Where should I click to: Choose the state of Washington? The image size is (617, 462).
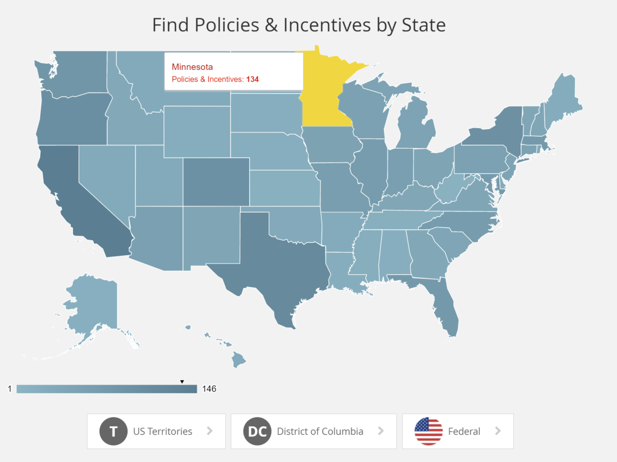tap(77, 72)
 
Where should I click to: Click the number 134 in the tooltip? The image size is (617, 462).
tap(252, 80)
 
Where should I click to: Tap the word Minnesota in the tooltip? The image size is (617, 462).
tap(192, 67)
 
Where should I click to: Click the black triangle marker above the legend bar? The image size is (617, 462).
tap(182, 382)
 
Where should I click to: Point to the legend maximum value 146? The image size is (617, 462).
tap(209, 389)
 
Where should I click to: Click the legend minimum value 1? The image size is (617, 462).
tap(9, 389)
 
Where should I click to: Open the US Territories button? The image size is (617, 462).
tap(156, 431)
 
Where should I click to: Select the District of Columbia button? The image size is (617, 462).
tap(314, 431)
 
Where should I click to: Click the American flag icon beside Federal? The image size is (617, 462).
tap(428, 431)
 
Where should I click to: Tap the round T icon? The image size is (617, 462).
tap(113, 431)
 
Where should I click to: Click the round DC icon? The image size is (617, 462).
tap(257, 431)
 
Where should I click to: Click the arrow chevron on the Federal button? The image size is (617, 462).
tap(498, 431)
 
